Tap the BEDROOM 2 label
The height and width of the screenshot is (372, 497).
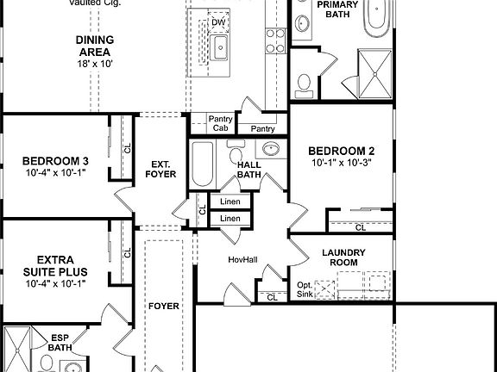[339, 150]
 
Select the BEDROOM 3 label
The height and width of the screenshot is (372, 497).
[54, 161]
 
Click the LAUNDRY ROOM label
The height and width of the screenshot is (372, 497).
[343, 257]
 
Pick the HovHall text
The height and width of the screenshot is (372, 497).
[242, 259]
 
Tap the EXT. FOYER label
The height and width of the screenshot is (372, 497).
[161, 168]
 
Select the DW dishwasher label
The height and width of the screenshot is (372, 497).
[218, 22]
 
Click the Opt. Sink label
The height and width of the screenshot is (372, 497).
[305, 290]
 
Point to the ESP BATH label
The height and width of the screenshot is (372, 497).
[60, 342]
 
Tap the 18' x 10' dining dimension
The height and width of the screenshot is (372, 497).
[94, 64]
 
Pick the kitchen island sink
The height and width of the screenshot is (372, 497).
[219, 46]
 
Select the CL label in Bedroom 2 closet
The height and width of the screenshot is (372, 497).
[360, 228]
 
